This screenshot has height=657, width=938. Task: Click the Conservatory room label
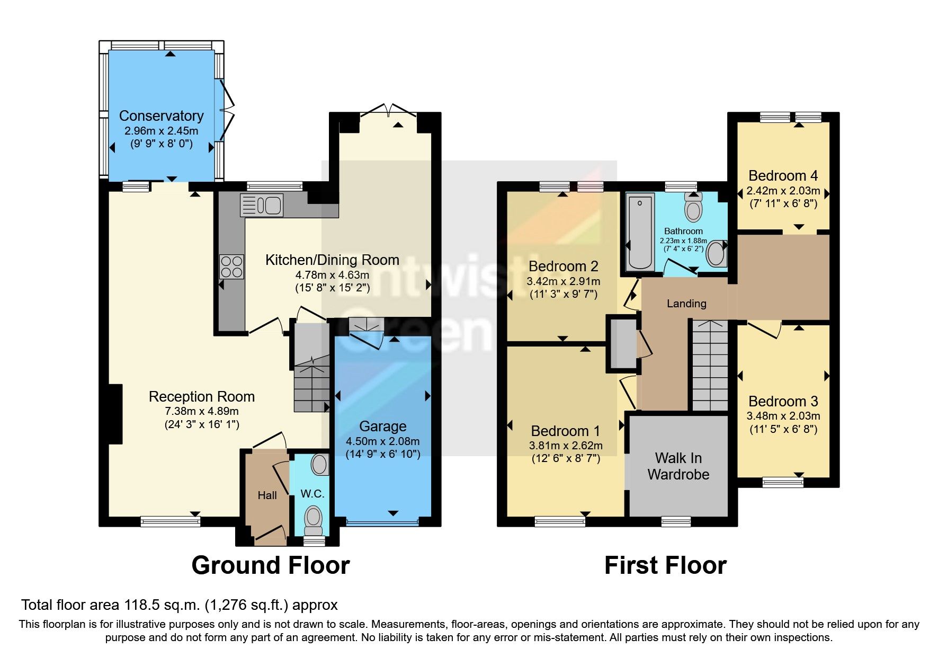click(x=162, y=116)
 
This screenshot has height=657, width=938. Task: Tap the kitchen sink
click(x=262, y=205)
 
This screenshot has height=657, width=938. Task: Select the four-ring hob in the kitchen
click(x=231, y=267)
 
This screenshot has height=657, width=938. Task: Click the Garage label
click(x=383, y=427)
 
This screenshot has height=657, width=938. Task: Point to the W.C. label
click(x=312, y=494)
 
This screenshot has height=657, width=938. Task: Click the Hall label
click(x=267, y=495)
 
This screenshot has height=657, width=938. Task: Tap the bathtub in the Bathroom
click(x=640, y=232)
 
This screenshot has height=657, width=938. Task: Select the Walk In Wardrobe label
click(x=678, y=466)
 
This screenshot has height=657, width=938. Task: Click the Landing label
click(x=686, y=304)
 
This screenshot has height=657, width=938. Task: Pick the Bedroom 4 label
click(x=783, y=175)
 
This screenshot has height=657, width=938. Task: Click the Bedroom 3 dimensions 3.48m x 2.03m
click(x=783, y=416)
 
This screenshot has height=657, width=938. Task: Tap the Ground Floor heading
click(x=271, y=565)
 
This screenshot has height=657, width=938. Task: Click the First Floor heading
click(x=666, y=565)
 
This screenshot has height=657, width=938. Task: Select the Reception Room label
click(x=202, y=397)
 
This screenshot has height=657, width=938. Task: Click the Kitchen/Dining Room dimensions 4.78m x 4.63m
click(x=333, y=275)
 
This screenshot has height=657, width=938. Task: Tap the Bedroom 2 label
click(x=564, y=266)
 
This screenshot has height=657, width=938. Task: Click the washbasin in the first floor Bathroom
click(x=717, y=253)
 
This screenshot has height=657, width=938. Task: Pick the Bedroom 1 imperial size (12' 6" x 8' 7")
click(x=566, y=458)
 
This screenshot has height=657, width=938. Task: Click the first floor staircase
click(x=710, y=365)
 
